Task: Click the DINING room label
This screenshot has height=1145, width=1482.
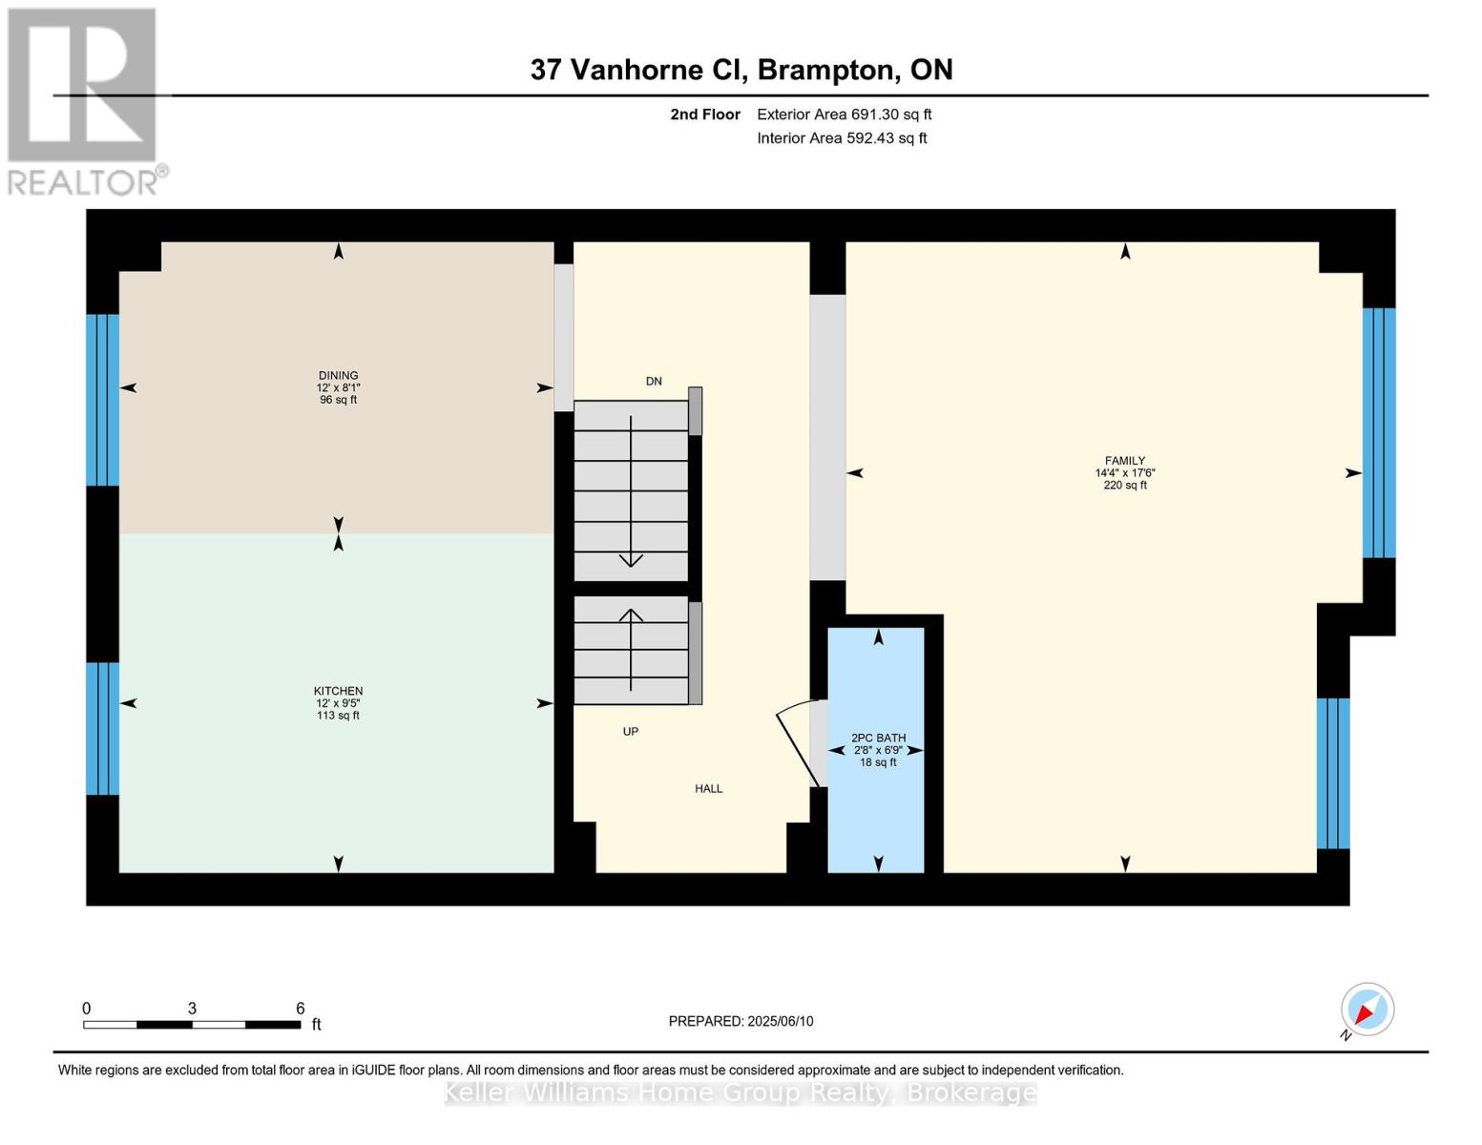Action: tap(338, 375)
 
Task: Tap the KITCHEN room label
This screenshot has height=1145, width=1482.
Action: tap(338, 691)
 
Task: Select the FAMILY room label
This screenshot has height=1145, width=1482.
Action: tap(1125, 460)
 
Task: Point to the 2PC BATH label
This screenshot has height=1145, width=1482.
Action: tap(879, 738)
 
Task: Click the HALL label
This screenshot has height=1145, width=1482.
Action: tap(709, 788)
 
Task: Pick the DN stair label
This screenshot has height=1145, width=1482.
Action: tap(654, 382)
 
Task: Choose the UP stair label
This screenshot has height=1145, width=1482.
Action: tap(630, 731)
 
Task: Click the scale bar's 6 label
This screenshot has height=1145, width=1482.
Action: tap(300, 1008)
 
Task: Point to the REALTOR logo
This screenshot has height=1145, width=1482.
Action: tap(85, 102)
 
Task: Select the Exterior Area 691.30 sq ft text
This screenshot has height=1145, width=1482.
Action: tap(844, 114)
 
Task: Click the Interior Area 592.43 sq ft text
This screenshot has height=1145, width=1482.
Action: tap(842, 138)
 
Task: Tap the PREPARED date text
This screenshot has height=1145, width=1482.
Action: tap(741, 1021)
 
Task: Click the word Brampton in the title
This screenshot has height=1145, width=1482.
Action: tap(826, 70)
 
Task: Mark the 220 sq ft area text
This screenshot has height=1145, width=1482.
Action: tap(1125, 485)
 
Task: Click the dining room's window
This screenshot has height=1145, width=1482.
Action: tap(102, 400)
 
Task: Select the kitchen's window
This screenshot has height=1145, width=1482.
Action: tap(102, 728)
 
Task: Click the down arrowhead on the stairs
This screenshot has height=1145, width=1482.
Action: tap(630, 560)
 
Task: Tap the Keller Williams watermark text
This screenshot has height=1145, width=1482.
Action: tap(740, 1093)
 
